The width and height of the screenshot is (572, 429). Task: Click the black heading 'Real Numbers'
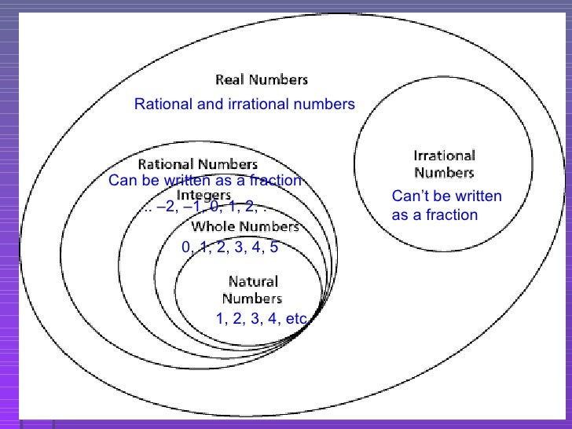262,79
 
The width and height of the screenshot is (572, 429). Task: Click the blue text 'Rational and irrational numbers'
244,104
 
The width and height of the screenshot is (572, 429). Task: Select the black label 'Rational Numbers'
197,165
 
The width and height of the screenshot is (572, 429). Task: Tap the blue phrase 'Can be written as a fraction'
204,181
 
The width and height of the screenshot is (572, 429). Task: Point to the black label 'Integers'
203,194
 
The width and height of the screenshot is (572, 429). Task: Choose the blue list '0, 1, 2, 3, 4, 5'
229,247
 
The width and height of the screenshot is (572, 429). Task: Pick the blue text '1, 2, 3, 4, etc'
261,319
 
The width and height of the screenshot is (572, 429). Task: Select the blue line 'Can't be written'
445,197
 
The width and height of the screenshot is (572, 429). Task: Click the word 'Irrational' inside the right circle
445,156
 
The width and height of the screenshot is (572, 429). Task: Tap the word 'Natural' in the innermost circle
252,281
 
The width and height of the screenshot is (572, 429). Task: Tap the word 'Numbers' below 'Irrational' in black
445,172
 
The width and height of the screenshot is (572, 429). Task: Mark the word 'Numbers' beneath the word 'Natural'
251,299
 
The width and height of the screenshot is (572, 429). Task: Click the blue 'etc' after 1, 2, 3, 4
296,319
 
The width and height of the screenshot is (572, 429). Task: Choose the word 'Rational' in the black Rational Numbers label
165,165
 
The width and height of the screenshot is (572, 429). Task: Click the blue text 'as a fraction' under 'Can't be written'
434,214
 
